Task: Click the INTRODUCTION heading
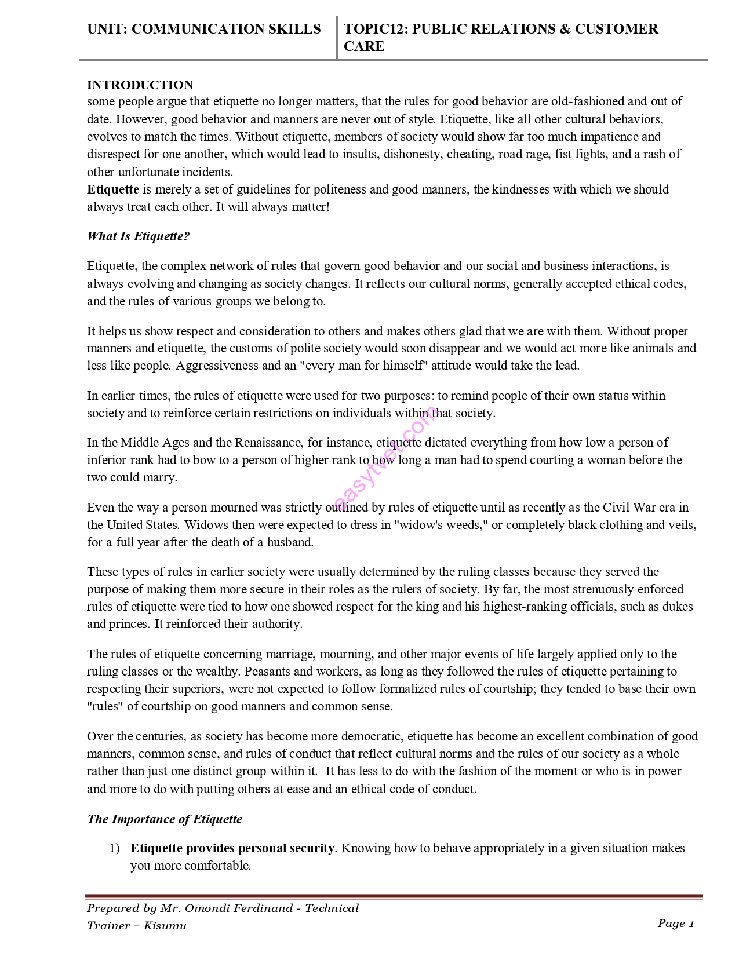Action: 140,85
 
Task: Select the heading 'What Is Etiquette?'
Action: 138,236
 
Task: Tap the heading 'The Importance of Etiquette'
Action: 165,819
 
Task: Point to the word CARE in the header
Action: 364,46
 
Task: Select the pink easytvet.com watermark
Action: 385,458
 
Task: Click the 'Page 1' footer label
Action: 675,924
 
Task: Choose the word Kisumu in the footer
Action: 165,926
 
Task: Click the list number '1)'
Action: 114,848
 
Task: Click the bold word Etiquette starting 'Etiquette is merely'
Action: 112,189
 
